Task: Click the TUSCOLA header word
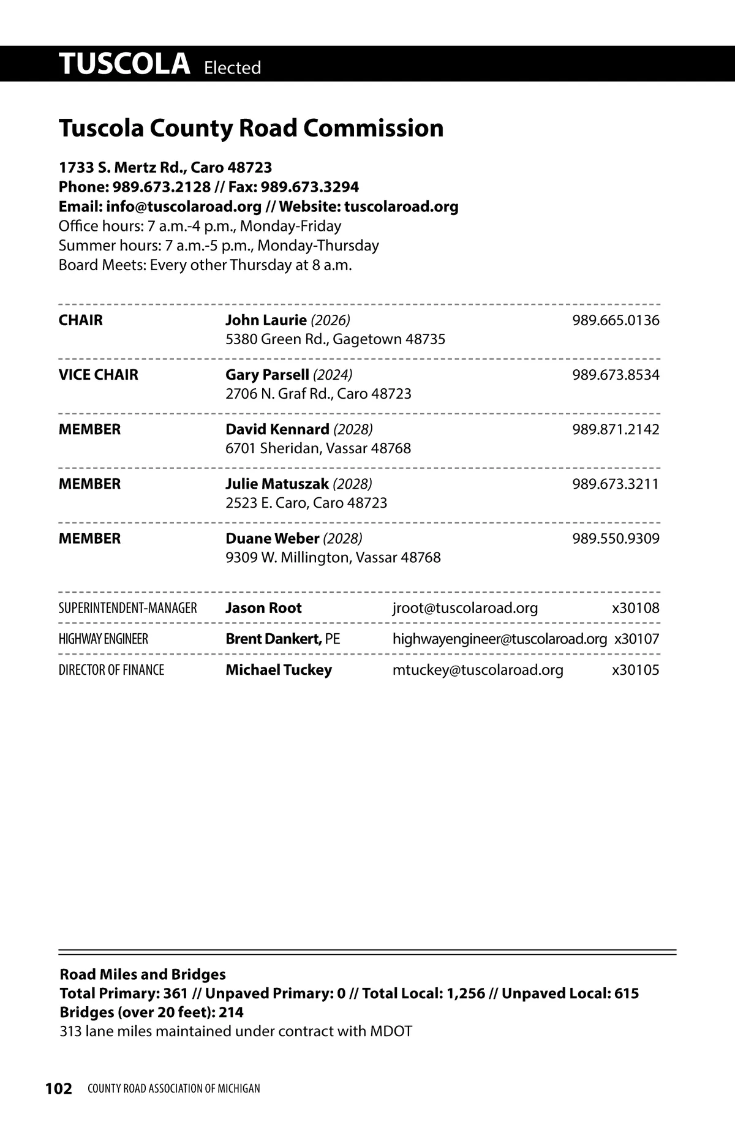tap(124, 64)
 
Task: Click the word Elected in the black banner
tap(232, 67)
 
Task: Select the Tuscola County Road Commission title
tap(251, 128)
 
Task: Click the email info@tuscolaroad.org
tap(184, 206)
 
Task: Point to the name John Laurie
tap(266, 320)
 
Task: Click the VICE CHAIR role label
tap(99, 375)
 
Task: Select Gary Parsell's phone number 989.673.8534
tap(616, 375)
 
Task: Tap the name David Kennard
tap(277, 429)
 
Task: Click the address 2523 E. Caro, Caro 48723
tap(306, 503)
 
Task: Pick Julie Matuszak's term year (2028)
tap(352, 484)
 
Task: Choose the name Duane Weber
tap(272, 538)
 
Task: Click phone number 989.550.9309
tap(616, 538)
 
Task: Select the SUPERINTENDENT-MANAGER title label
tap(127, 608)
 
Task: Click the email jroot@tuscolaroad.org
tap(465, 608)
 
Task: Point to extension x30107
tap(636, 639)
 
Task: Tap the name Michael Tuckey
tap(279, 669)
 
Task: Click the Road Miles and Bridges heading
tap(143, 974)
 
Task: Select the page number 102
tap(59, 1088)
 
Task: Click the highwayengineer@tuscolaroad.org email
tap(499, 639)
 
